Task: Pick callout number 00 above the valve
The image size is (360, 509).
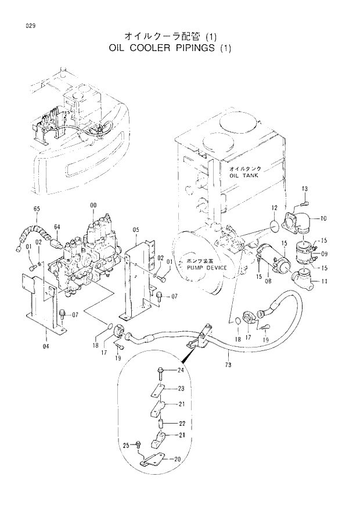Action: pos(93,206)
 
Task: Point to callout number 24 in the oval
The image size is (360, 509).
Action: pos(181,371)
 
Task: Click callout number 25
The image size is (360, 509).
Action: pos(124,445)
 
